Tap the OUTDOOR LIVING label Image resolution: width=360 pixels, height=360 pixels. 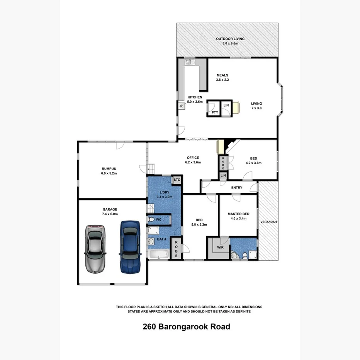(x=230, y=39)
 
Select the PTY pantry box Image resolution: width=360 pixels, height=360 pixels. (x=214, y=112)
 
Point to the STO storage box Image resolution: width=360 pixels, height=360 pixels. (x=177, y=180)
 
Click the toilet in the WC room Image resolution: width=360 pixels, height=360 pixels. (x=151, y=220)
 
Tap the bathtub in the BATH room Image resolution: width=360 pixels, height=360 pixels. (x=159, y=255)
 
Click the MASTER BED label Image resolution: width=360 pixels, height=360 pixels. (x=238, y=214)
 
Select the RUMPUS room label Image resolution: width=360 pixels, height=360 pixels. (x=109, y=168)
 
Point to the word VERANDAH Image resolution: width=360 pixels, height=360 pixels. (x=268, y=222)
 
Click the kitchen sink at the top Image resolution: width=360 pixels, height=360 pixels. (x=188, y=61)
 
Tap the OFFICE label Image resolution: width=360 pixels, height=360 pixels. (x=193, y=158)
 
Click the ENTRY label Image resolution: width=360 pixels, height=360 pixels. (x=236, y=188)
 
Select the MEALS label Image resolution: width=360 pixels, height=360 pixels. (x=222, y=75)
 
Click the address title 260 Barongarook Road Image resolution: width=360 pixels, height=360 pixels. (x=186, y=327)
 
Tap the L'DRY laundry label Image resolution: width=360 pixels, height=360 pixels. (x=165, y=192)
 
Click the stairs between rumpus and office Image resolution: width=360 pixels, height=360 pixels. (x=152, y=169)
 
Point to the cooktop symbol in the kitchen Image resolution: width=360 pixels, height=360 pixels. (x=181, y=105)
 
